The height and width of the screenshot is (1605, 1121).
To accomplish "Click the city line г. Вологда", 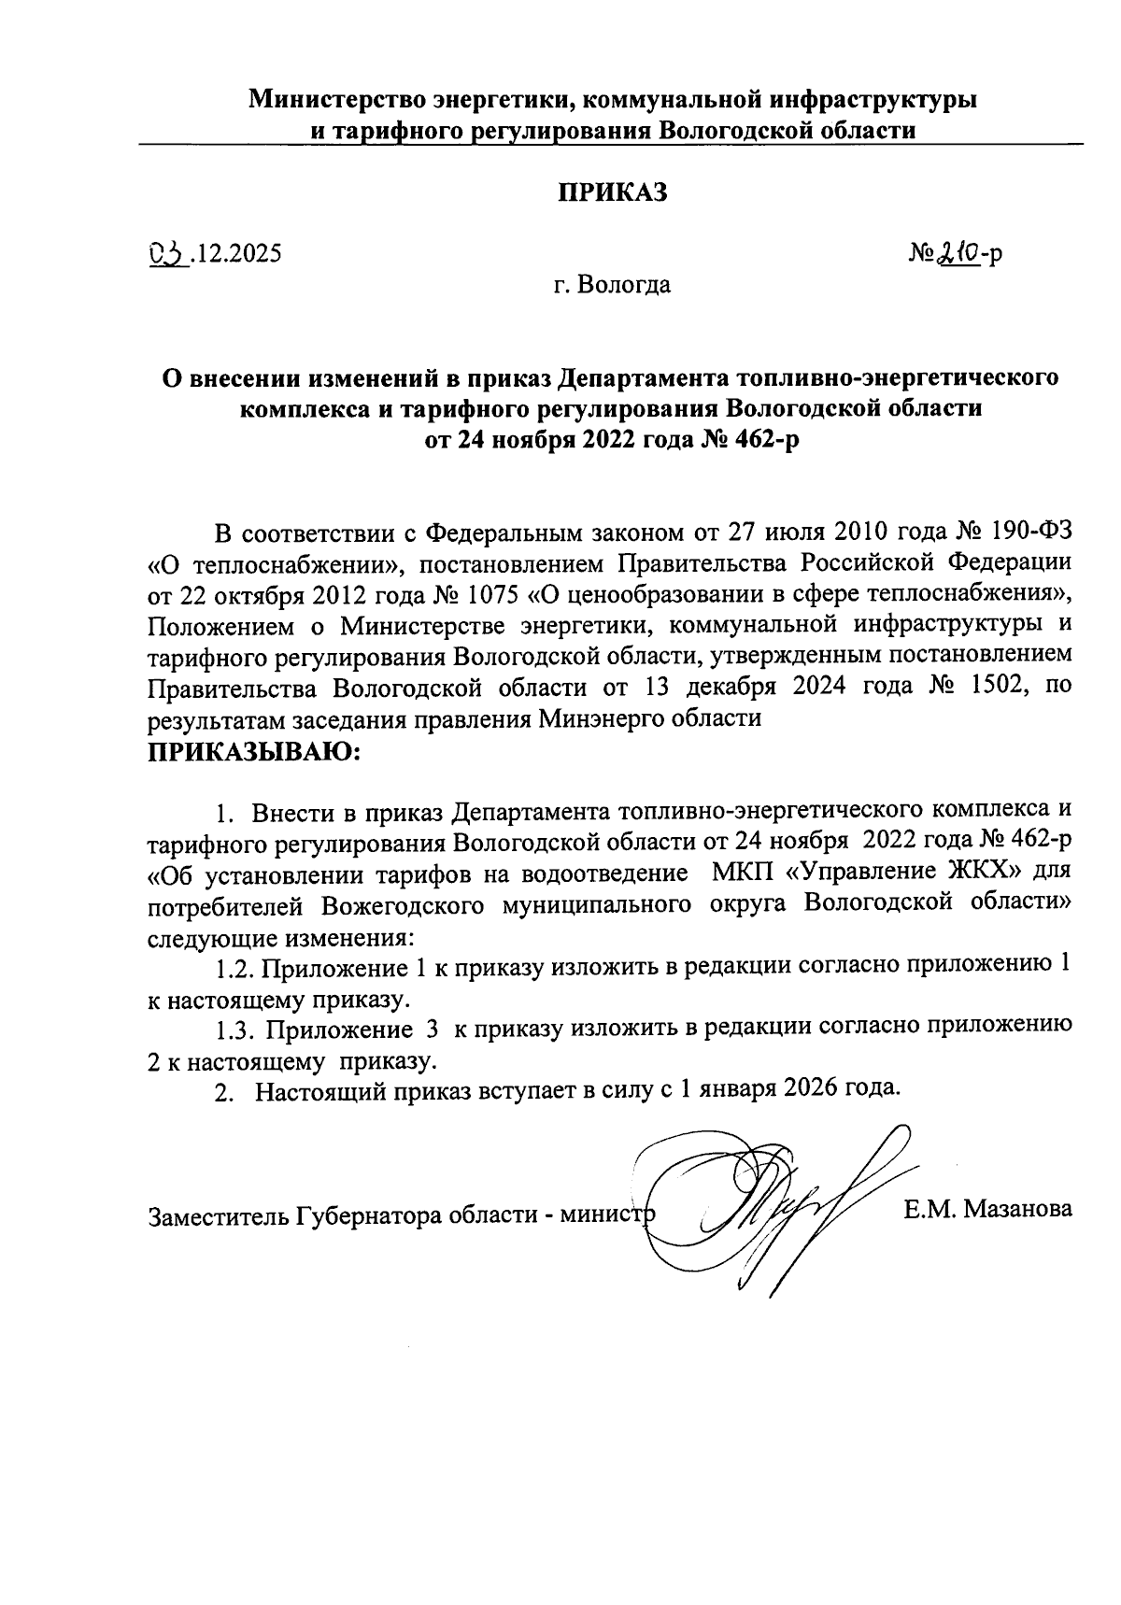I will (x=611, y=284).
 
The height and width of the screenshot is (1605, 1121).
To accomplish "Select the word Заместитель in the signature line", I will (x=219, y=1217).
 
